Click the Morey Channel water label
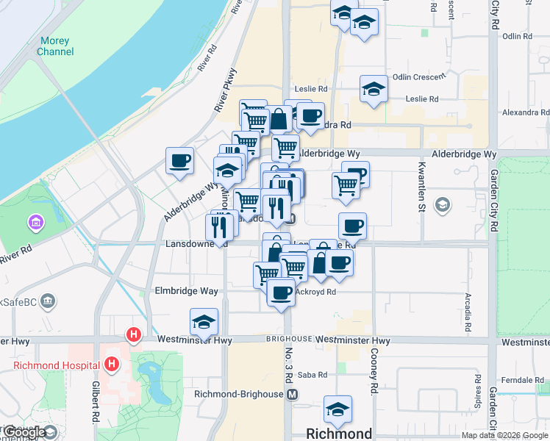tap(56, 46)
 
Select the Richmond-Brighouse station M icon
tap(293, 394)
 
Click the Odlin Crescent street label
tap(419, 76)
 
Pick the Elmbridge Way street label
tap(187, 291)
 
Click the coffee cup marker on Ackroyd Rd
tap(281, 293)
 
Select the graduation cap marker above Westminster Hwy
tap(204, 321)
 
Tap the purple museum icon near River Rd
tap(35, 221)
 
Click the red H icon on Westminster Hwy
tap(133, 335)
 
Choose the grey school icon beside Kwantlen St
tap(443, 204)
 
